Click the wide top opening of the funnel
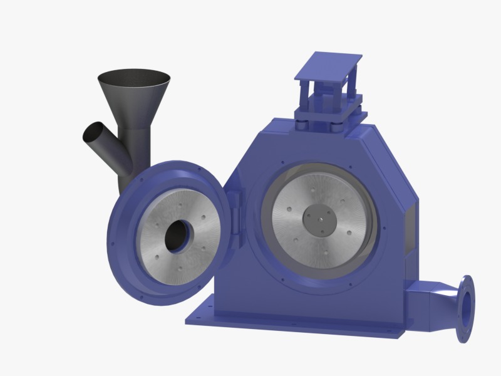[134, 79]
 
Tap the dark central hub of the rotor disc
[321, 221]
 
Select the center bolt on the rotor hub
[321, 221]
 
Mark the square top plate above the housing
[328, 63]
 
